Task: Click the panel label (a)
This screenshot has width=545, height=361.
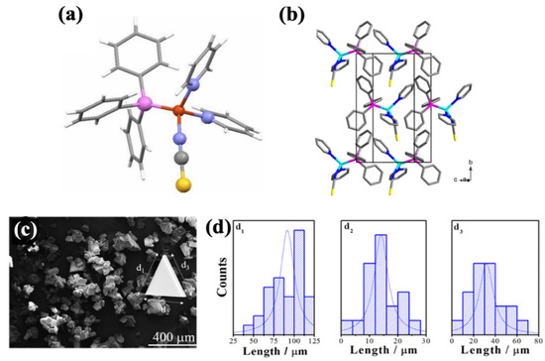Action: coord(81,15)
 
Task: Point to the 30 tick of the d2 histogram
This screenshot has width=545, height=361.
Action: coord(424,340)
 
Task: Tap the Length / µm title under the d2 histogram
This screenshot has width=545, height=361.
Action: coord(381,352)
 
